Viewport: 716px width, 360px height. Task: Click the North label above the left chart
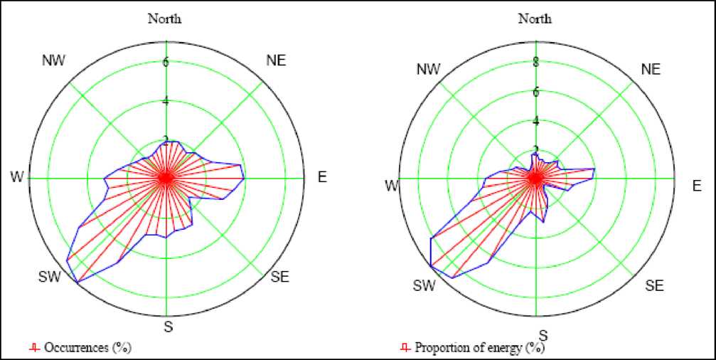coord(164,18)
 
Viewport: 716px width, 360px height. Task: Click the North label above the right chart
coord(535,18)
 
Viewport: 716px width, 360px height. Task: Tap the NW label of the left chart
coord(54,60)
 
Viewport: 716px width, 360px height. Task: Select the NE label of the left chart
coord(276,60)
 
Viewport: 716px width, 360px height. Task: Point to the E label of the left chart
coord(321,177)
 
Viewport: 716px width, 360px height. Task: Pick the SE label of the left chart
coord(280,277)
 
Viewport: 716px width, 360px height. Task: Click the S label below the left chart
coord(169,328)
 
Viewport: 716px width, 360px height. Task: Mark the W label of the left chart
coord(14,176)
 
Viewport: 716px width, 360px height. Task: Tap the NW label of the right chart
coord(428,69)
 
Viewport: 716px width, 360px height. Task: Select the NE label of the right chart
coord(650,69)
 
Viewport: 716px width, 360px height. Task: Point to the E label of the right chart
coord(696,186)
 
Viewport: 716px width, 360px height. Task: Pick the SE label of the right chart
coord(654,286)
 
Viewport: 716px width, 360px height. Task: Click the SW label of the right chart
coord(424,285)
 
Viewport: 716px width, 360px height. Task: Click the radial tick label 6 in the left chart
coord(166,61)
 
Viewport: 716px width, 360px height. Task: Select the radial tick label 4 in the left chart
coord(166,100)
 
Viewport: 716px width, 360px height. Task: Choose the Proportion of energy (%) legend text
coord(479,348)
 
